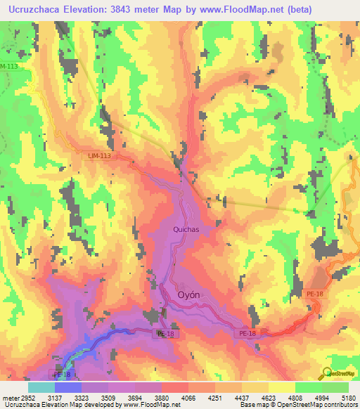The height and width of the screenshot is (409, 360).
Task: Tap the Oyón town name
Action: pos(195,295)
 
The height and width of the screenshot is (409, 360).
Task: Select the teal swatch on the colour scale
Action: pos(41,387)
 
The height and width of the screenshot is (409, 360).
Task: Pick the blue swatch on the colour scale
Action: pos(68,387)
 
